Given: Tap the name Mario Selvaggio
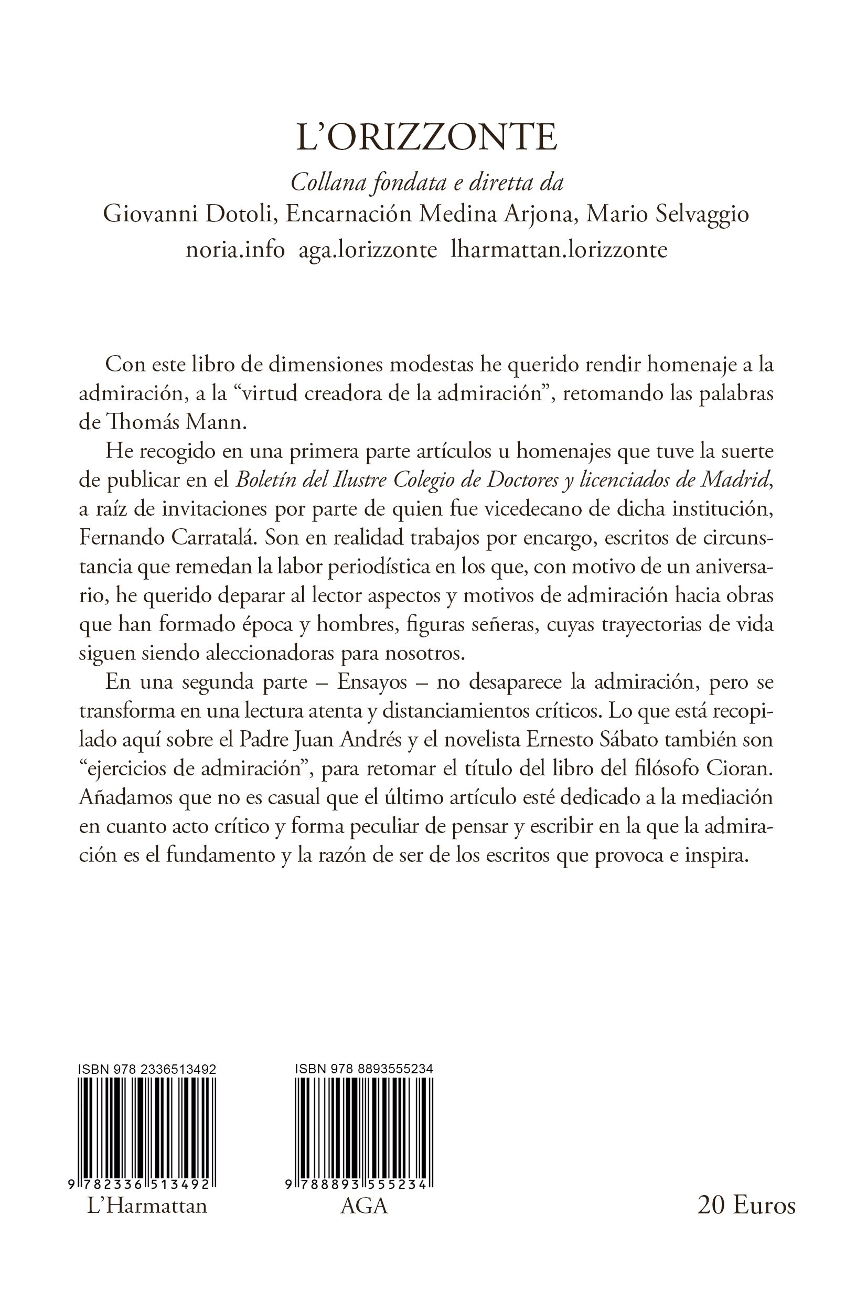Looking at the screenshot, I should pyautogui.click(x=667, y=215).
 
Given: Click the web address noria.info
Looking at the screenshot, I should pyautogui.click(x=235, y=249).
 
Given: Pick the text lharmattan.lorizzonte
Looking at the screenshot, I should pyautogui.click(x=559, y=249).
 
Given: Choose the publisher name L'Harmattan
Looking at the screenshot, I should pyautogui.click(x=147, y=1221).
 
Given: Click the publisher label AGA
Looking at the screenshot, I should pyautogui.click(x=364, y=1221).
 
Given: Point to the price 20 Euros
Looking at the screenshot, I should pyautogui.click(x=746, y=1220).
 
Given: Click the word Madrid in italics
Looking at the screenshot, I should pyautogui.click(x=734, y=481).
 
